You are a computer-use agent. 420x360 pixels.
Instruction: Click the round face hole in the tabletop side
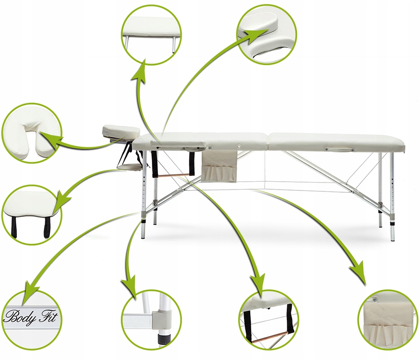tap(240, 145)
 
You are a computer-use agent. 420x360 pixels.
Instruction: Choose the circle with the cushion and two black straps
tap(32, 214)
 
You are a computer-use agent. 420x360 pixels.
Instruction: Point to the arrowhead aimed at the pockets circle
tap(358, 273)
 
